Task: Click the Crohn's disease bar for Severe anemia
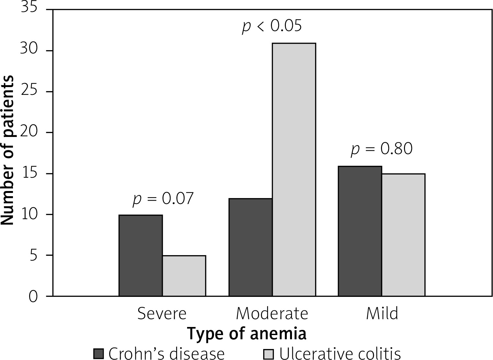coord(140,255)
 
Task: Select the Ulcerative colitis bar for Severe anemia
coord(184,276)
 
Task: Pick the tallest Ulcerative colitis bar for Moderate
coord(294,170)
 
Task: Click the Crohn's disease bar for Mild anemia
coord(360,231)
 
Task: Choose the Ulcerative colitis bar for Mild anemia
coord(403,235)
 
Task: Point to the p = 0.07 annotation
coord(163,199)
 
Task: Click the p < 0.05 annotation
coord(272,26)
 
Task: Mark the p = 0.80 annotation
coord(382,149)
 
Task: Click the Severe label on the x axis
coord(162,313)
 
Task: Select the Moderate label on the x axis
coord(272,313)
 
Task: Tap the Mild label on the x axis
coord(382,313)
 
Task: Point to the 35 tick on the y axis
coord(29,7)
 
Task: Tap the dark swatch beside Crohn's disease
coord(99,354)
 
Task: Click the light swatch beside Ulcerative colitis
coord(269,354)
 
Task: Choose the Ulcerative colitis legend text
coord(340,354)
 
